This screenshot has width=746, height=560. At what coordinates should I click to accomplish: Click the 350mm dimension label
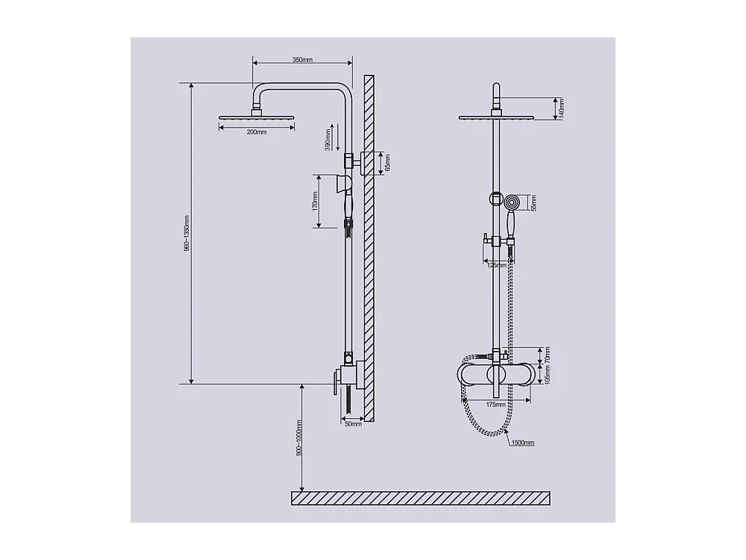click(x=302, y=60)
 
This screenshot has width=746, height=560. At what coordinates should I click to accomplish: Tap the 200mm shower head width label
click(x=256, y=132)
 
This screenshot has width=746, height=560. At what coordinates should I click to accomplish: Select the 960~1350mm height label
click(x=186, y=234)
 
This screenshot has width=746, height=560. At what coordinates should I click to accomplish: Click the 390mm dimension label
click(x=327, y=139)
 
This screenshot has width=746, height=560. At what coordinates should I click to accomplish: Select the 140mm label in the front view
click(x=562, y=109)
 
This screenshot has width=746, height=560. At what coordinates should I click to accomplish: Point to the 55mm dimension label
click(x=533, y=202)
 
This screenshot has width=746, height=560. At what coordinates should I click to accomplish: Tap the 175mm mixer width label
click(x=495, y=405)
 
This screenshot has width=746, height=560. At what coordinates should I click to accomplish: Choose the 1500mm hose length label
click(x=522, y=443)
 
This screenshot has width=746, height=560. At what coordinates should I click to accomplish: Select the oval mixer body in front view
click(x=495, y=374)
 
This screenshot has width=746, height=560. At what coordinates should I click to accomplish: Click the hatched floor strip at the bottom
click(x=420, y=498)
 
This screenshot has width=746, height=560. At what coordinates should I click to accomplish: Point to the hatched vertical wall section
click(x=369, y=246)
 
